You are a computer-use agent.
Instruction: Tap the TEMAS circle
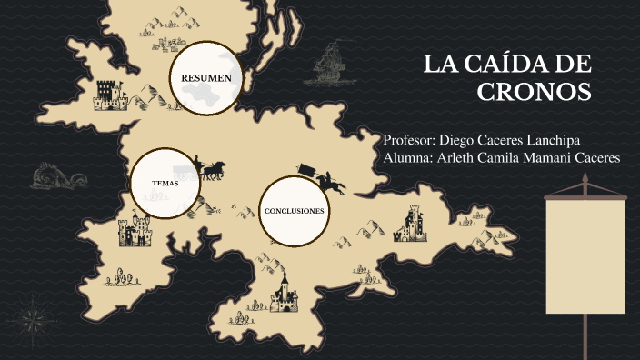click(165, 184)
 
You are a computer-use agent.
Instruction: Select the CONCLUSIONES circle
click(294, 211)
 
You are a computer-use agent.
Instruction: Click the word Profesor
click(409, 141)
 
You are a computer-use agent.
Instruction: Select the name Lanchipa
click(548, 141)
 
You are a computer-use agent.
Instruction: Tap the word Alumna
click(408, 158)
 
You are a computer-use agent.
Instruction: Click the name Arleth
click(457, 158)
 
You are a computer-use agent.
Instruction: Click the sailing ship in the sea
click(332, 65)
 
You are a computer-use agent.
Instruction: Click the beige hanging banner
click(585, 255)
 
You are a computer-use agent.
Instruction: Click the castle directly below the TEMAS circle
click(135, 232)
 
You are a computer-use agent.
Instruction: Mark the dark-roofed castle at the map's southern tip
click(283, 293)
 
